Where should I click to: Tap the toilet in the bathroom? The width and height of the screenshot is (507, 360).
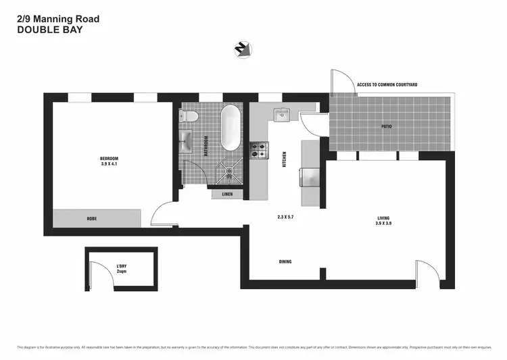pos(191,117)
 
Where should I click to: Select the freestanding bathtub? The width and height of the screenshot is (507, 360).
pos(229,128)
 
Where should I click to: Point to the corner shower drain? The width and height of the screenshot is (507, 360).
pos(231,171)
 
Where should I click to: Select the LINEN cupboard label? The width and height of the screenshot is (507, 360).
pos(227,195)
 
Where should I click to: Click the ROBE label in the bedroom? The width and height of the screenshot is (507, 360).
pos(91,219)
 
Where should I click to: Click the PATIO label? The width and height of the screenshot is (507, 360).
pos(386,126)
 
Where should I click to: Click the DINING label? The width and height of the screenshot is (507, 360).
pos(285,261)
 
